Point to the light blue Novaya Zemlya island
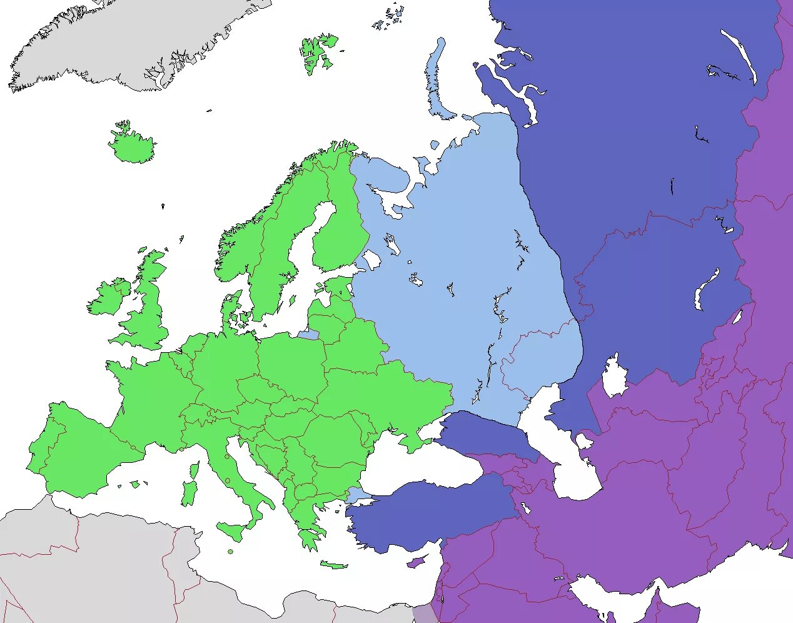click(x=435, y=81)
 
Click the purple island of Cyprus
click(x=415, y=563)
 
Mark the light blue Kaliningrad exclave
click(x=308, y=335)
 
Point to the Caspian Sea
click(x=566, y=450)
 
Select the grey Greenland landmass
click(x=125, y=38)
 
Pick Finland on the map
click(x=338, y=231)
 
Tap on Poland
click(x=291, y=363)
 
